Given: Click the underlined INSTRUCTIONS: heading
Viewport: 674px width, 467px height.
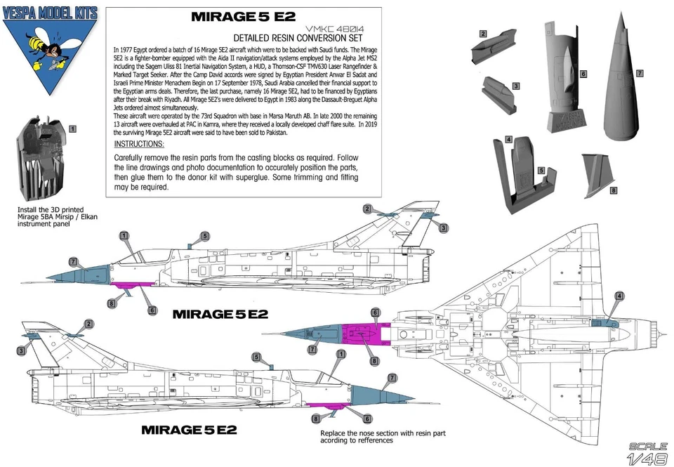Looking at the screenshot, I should [x=139, y=143].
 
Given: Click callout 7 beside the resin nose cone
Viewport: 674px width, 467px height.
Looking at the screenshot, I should [x=640, y=73].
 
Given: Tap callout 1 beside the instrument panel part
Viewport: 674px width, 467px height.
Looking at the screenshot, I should [x=74, y=129].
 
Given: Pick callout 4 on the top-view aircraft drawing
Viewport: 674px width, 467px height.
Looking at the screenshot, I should [x=619, y=296].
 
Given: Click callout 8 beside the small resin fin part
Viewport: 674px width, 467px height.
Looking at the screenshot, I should [x=613, y=190].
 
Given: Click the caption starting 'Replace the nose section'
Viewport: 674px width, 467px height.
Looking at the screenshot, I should [x=382, y=436].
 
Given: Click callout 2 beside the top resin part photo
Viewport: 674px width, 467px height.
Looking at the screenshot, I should [x=483, y=34].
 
